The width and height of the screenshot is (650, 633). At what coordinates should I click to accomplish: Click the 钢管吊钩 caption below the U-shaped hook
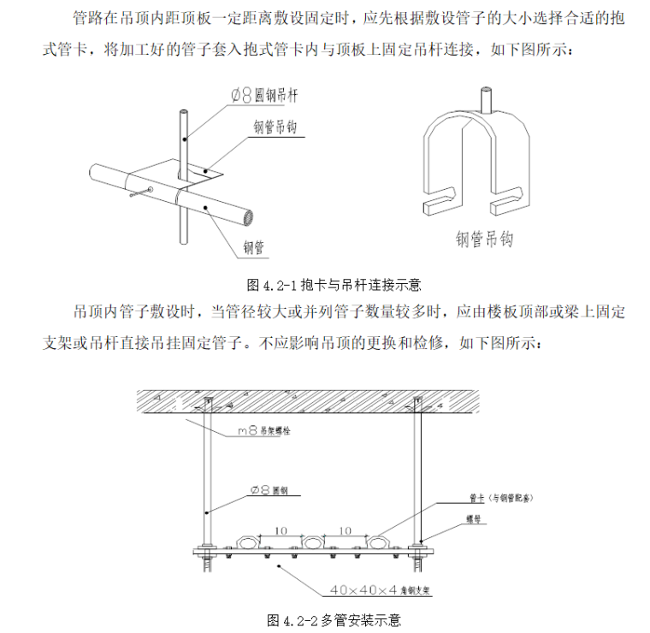click(x=484, y=239)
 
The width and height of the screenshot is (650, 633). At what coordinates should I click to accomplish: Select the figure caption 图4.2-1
click(x=334, y=284)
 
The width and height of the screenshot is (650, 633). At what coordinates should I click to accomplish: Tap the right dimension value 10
click(x=346, y=531)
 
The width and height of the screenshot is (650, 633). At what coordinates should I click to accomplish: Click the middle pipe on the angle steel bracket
click(x=311, y=543)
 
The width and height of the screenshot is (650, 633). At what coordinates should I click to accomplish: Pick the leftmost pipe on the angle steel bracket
click(x=245, y=543)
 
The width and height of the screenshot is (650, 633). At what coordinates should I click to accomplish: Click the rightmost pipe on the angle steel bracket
click(x=377, y=543)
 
